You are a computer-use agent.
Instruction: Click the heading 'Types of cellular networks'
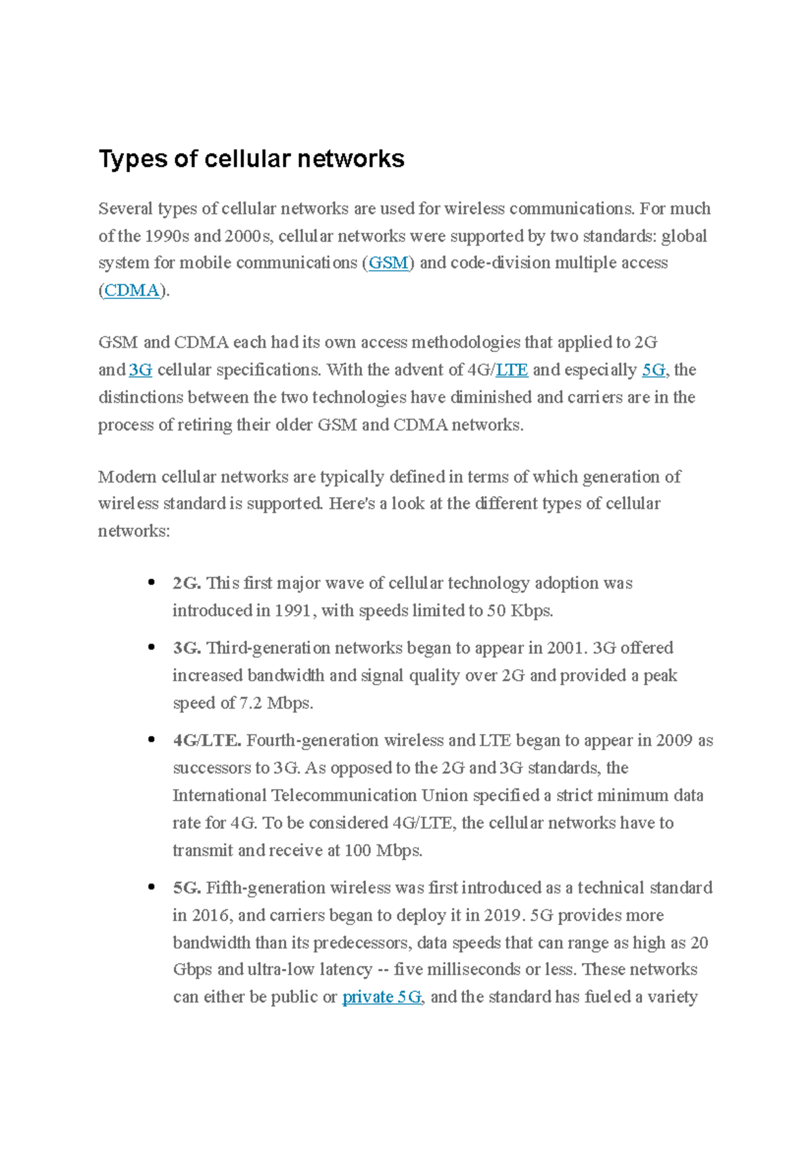(x=251, y=159)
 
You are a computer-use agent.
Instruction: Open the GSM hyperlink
(x=388, y=263)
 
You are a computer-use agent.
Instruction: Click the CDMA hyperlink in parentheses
(x=132, y=290)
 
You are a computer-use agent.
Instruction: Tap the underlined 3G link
(x=141, y=370)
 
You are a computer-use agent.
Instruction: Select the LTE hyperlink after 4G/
(x=512, y=370)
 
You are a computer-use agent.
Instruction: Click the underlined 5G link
(x=653, y=370)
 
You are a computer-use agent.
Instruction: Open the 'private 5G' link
(x=382, y=997)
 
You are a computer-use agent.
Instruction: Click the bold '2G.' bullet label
(x=187, y=583)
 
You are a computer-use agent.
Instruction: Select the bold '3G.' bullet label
(x=187, y=648)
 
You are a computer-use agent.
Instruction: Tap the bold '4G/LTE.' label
(x=207, y=740)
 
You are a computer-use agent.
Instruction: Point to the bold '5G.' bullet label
(x=187, y=888)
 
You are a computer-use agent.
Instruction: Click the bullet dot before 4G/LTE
(x=151, y=740)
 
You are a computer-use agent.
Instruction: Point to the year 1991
(x=292, y=611)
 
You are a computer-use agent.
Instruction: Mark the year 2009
(x=674, y=740)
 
